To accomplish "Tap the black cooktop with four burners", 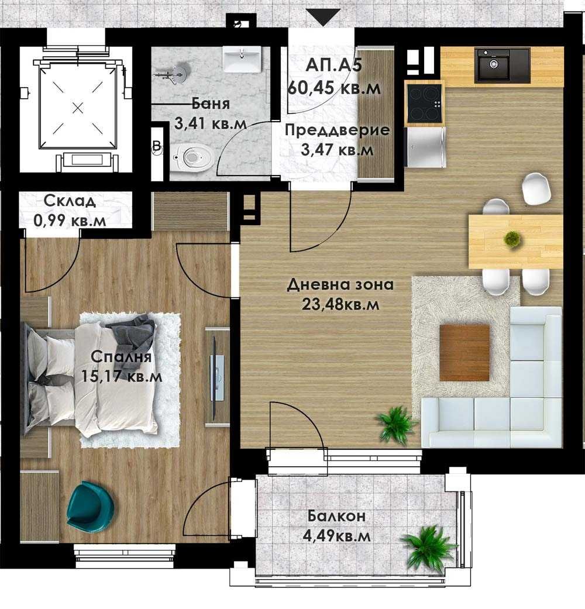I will point(424,104).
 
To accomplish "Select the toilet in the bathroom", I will point(193,156).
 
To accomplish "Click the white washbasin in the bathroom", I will point(242,60).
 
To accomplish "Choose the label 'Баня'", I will point(211,104).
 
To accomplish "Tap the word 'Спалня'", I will point(121,357).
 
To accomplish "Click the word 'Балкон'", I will point(337,516).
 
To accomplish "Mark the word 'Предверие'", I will point(337,130).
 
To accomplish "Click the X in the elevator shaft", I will point(78,107).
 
